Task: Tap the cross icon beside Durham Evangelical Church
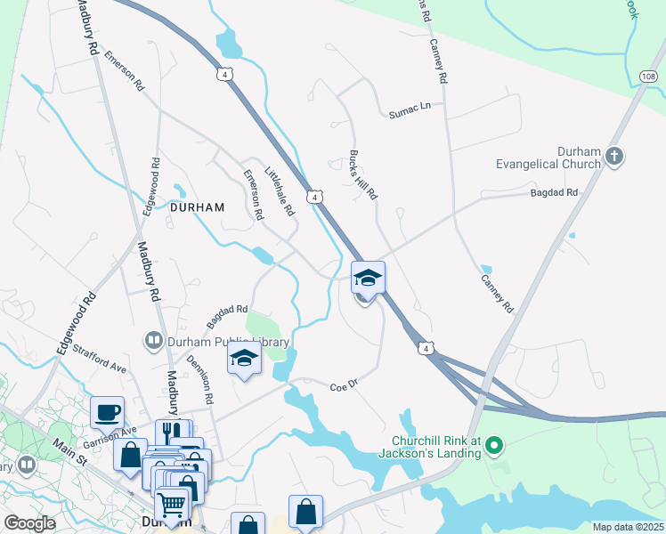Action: tap(613, 158)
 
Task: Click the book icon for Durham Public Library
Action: tap(153, 340)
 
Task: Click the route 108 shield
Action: tap(648, 78)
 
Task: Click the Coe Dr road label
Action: tap(343, 386)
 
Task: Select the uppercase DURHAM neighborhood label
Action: tap(197, 206)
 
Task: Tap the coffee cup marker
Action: tap(107, 412)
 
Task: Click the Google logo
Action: tap(29, 523)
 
